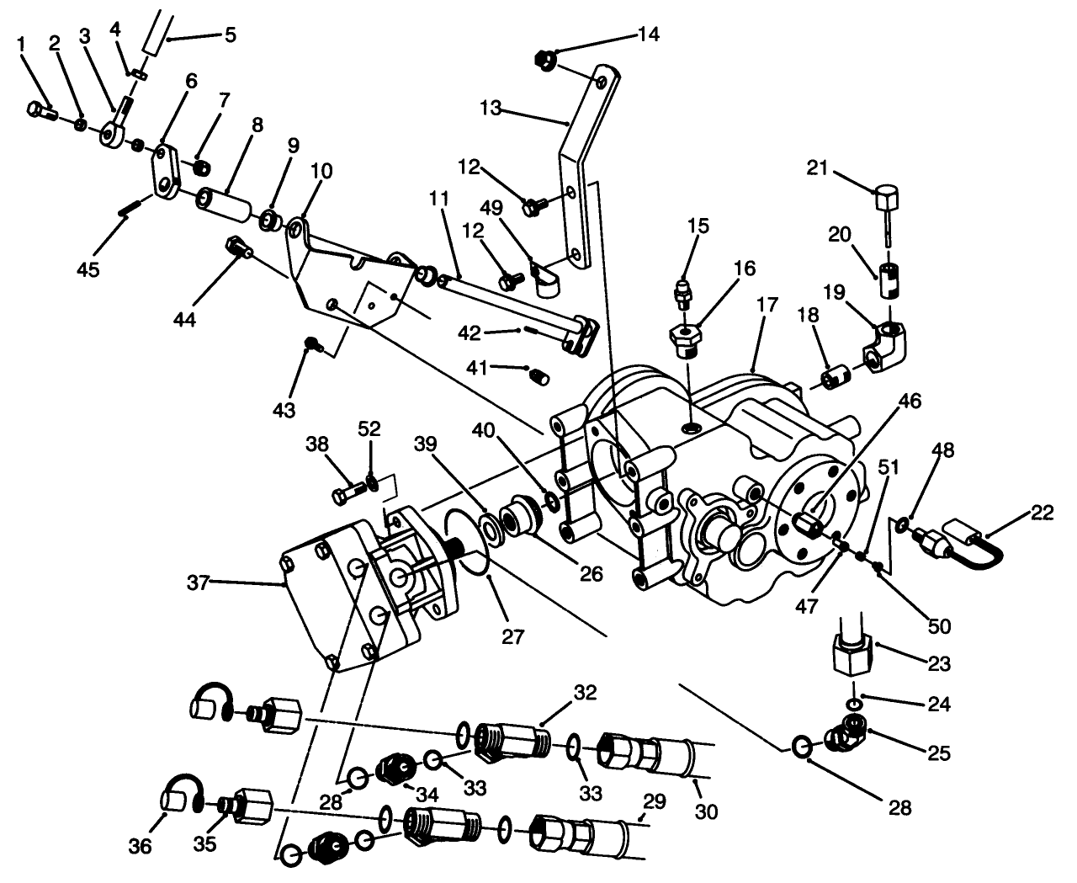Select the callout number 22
[1041, 512]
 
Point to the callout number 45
[88, 269]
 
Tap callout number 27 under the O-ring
[512, 636]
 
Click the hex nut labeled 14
[544, 60]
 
